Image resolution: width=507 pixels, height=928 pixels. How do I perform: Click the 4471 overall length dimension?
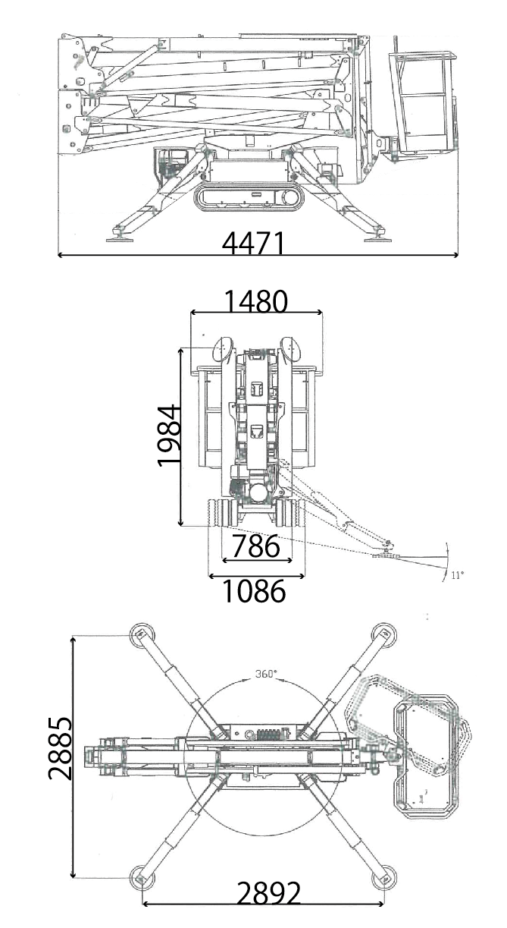tap(253, 243)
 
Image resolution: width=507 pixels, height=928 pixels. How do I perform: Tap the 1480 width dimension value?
tap(256, 301)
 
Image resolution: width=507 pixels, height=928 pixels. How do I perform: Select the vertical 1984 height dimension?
tap(170, 436)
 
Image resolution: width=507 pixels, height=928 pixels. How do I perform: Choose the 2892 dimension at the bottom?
tap(268, 904)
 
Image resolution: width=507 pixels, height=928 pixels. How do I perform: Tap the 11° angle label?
tap(457, 575)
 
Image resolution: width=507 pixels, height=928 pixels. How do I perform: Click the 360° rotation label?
tap(265, 674)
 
